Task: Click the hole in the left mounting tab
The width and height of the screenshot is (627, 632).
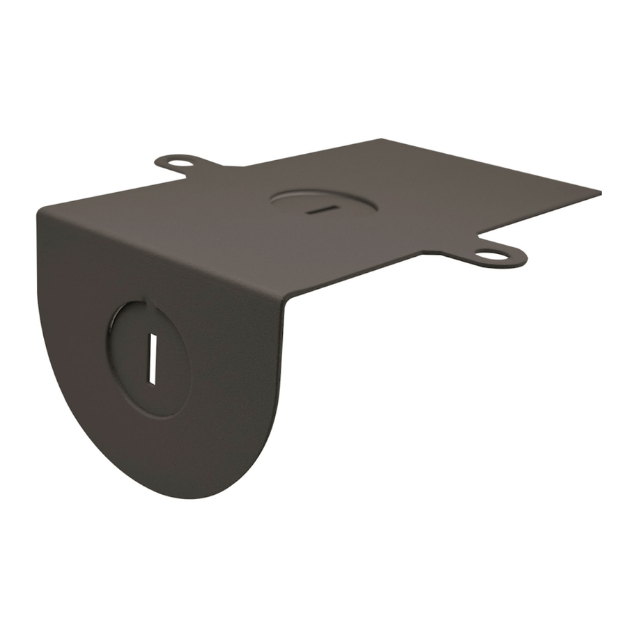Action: click(x=179, y=164)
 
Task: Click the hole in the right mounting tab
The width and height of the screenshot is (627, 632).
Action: click(x=493, y=255)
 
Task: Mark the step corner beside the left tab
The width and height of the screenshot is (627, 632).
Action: click(x=224, y=167)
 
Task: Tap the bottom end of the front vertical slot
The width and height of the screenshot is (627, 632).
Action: click(x=150, y=382)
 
